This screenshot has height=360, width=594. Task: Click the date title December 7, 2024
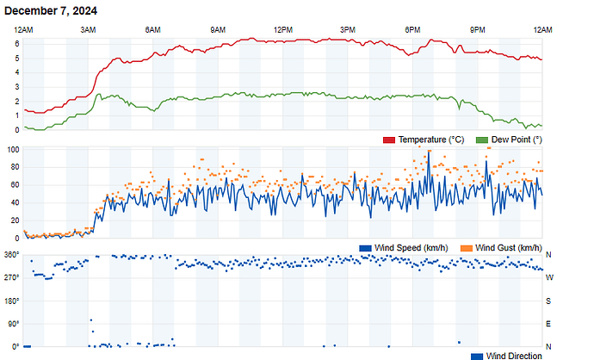click(x=51, y=11)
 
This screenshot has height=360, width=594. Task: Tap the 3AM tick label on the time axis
click(x=89, y=30)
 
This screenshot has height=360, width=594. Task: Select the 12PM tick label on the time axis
click(x=282, y=30)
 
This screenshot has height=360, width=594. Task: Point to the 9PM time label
click(x=477, y=30)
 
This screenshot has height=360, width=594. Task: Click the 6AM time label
click(x=153, y=30)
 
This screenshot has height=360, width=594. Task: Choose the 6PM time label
click(x=412, y=30)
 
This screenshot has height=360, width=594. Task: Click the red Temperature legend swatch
click(x=388, y=140)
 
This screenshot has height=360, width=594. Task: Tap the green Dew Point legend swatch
click(x=481, y=140)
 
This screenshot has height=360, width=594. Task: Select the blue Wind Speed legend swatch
click(x=365, y=248)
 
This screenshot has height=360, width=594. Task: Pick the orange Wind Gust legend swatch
click(x=467, y=248)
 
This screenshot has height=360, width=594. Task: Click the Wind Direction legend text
click(x=514, y=356)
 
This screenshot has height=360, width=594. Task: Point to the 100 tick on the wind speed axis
click(x=13, y=150)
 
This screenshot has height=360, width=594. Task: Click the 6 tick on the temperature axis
click(x=16, y=58)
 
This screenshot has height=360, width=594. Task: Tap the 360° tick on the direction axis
click(x=11, y=255)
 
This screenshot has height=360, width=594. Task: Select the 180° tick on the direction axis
click(x=11, y=301)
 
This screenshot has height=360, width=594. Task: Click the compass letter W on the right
click(x=549, y=277)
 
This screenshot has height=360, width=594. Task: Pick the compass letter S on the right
click(x=549, y=301)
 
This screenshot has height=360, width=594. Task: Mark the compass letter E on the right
click(x=549, y=324)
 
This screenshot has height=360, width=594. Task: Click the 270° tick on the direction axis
click(x=11, y=277)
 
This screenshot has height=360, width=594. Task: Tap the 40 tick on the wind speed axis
click(x=15, y=203)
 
